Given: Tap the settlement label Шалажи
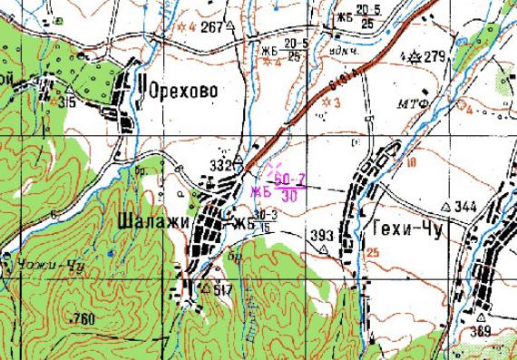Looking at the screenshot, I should [x=151, y=220].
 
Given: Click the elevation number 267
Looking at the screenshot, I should [x=211, y=28].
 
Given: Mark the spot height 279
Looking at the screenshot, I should [x=435, y=58].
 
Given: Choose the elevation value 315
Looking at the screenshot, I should [x=65, y=102].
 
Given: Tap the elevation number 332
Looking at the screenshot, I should [x=219, y=165].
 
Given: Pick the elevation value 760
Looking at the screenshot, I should [x=82, y=318].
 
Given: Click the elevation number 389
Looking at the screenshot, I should [x=481, y=332].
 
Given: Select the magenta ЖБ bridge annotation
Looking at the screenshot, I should [x=262, y=190].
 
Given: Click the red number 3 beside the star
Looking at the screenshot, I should [x=337, y=102].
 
